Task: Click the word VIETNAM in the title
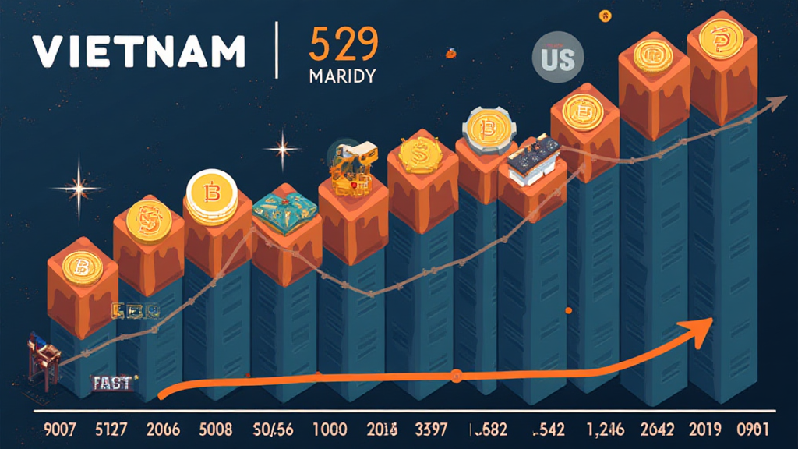point(139,51)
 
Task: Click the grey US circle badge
point(554,58)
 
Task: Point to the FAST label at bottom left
point(111,383)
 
